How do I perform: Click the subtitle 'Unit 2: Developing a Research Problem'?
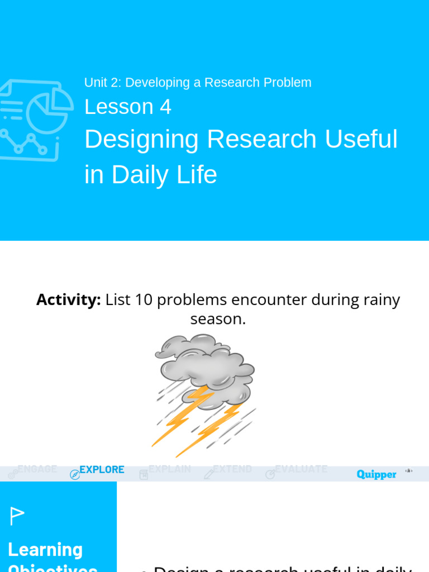(x=198, y=83)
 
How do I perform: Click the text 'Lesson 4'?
(x=127, y=107)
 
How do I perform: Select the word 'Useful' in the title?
(x=361, y=139)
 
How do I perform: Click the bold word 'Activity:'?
(x=68, y=299)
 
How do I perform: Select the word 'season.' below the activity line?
(x=218, y=318)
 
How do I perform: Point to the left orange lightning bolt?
(x=182, y=416)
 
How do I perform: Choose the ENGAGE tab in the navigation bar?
(x=37, y=469)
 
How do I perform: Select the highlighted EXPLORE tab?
(x=101, y=469)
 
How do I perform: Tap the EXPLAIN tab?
(x=169, y=469)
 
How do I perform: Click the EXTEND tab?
(x=232, y=469)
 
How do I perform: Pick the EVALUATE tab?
(x=301, y=469)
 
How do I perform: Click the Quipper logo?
(x=376, y=474)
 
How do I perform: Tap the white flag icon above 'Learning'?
(x=17, y=516)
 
